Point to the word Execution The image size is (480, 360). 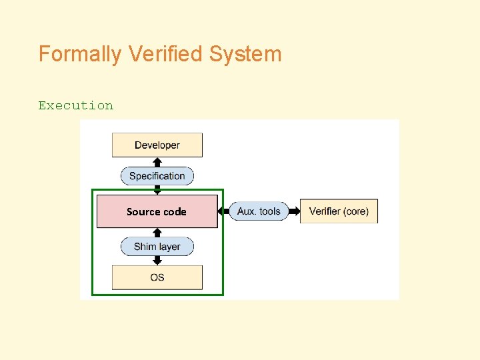pos(75,105)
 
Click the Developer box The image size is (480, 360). pos(157,145)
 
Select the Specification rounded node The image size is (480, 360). pos(157,176)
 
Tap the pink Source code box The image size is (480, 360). pos(157,211)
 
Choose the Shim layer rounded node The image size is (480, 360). pos(157,247)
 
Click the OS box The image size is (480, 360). pos(157,277)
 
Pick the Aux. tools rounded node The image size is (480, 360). pos(259,211)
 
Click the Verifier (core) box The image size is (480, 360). pos(339,211)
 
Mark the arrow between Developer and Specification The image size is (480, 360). pos(157,162)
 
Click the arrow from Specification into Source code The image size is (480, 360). pos(157,190)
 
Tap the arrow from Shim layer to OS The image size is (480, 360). pos(157,261)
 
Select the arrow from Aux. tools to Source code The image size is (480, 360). pos(223,211)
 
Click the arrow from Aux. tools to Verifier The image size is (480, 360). pos(294,211)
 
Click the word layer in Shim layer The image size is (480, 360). pos(169,247)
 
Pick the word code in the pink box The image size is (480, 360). pos(174,211)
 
